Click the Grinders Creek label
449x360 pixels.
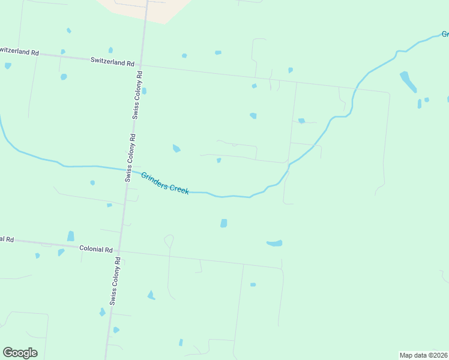coord(165,183)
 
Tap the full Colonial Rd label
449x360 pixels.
coord(96,248)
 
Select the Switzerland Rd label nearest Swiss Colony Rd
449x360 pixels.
coord(112,61)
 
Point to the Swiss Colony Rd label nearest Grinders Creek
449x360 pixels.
coord(130,157)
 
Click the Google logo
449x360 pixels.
coord(20,353)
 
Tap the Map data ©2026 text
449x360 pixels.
coord(423,355)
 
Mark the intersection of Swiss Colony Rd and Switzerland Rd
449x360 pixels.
coord(141,64)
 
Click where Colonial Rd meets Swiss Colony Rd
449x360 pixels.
coord(119,251)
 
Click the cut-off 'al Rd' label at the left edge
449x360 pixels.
coord(7,239)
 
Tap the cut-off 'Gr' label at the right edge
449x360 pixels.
coord(444,34)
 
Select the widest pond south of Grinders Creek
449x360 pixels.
coord(274,243)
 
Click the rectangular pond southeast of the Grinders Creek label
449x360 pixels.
coord(224,223)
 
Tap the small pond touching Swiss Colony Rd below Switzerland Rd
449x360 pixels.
coord(144,91)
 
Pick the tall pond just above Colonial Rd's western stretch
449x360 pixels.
coord(71,236)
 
